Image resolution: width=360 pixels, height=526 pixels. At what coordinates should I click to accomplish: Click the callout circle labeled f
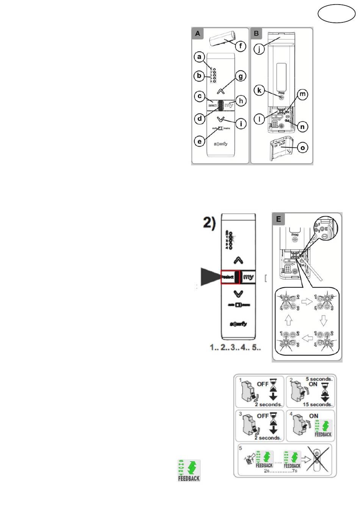(240, 46)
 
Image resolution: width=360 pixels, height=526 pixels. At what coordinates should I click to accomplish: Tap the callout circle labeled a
(199, 57)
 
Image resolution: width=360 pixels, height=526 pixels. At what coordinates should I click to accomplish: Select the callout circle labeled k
(259, 90)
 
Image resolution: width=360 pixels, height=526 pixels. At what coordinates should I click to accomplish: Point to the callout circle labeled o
(302, 148)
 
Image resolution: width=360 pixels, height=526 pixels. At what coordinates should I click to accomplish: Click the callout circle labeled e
(199, 141)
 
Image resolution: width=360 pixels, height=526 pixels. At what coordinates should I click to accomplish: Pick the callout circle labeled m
(302, 94)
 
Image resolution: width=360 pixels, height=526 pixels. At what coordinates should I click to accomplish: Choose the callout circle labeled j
(259, 49)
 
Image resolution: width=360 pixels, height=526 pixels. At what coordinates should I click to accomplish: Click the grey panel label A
(197, 33)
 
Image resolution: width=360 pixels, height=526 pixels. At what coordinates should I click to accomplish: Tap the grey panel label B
(257, 33)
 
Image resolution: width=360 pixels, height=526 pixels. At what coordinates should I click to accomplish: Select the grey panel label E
(279, 219)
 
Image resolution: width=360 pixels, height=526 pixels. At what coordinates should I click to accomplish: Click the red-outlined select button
(230, 277)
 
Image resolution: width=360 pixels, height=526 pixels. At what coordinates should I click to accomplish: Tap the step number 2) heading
(209, 223)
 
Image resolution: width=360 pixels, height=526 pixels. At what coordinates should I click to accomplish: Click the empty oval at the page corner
(336, 14)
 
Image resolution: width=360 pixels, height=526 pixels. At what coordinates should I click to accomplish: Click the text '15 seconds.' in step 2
(318, 404)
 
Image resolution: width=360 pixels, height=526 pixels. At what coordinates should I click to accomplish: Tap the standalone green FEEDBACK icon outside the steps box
(189, 471)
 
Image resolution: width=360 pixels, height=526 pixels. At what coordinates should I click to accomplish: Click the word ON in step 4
(314, 416)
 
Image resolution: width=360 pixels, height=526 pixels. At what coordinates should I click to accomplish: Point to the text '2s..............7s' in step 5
(280, 471)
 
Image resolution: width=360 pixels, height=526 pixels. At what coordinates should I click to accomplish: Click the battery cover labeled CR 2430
(281, 149)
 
